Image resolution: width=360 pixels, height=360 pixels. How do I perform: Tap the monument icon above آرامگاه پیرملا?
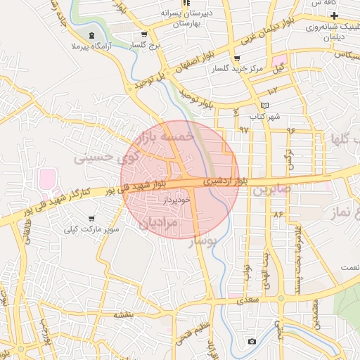click(93, 35)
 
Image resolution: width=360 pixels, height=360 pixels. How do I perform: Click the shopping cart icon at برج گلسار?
click(144, 34)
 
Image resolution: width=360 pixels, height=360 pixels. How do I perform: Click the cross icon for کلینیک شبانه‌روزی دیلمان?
click(335, 15)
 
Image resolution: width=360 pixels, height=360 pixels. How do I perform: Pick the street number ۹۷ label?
click(244, 129)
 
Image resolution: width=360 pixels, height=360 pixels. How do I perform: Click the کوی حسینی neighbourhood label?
click(98, 158)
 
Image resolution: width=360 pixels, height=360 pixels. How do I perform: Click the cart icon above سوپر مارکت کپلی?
click(91, 217)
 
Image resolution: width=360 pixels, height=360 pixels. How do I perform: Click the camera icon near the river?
click(252, 342)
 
